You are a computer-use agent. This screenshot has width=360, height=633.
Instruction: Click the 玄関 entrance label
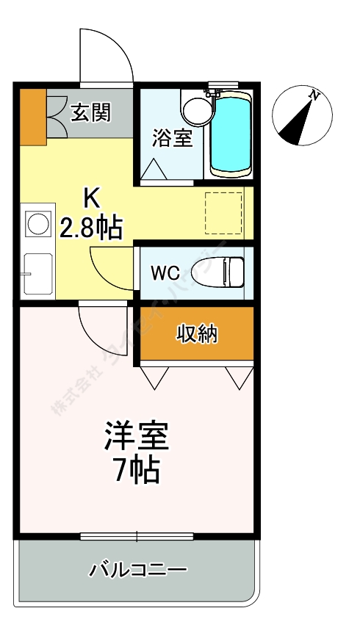tap(90, 112)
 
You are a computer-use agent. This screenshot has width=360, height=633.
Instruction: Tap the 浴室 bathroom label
tap(173, 137)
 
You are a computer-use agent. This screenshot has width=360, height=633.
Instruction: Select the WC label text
tap(165, 272)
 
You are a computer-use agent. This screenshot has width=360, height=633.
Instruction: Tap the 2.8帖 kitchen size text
tap(90, 228)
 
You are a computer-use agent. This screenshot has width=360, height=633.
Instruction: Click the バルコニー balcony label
tap(138, 569)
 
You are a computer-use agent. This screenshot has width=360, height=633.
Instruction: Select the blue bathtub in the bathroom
tap(231, 134)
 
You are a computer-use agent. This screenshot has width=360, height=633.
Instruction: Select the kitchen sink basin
tap(37, 272)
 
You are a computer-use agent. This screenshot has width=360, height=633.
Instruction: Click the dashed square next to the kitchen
tap(223, 213)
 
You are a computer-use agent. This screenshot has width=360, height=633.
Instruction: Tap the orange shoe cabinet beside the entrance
tap(32, 116)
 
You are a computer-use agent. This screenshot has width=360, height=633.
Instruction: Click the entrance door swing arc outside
tap(105, 55)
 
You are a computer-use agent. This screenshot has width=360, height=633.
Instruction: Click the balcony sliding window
tap(137, 535)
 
